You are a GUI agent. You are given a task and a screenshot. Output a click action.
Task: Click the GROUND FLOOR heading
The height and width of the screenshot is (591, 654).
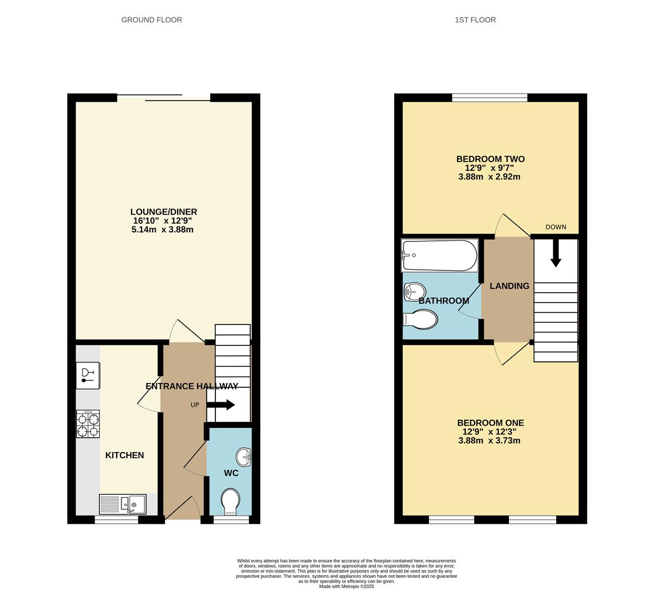[x=151, y=20]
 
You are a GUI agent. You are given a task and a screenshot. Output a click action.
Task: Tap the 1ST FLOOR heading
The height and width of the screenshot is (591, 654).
[x=475, y=20]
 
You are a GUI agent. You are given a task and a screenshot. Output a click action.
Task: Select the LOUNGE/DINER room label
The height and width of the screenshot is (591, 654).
[x=163, y=212]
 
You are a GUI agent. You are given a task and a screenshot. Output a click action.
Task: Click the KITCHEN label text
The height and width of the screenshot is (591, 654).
[x=124, y=455]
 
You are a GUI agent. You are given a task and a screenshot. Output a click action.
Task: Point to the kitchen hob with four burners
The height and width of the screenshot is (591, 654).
[x=88, y=424]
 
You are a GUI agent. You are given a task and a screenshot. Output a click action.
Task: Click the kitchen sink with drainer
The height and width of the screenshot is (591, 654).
[x=122, y=504]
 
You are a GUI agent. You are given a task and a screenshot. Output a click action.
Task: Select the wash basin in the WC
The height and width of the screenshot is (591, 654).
[x=244, y=456]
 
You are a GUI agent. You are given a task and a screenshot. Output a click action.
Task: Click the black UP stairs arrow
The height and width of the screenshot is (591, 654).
[x=221, y=405]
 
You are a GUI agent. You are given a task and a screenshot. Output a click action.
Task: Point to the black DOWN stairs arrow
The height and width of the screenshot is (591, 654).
[x=556, y=253]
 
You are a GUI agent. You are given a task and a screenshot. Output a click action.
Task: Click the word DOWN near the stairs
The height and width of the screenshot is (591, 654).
[x=556, y=227]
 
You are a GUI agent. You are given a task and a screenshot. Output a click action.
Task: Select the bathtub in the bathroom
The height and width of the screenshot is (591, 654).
[x=440, y=256]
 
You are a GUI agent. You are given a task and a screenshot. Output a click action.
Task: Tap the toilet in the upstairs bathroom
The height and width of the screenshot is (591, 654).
[x=421, y=320]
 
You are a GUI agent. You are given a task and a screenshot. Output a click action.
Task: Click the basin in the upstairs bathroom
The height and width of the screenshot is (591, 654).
[x=414, y=292]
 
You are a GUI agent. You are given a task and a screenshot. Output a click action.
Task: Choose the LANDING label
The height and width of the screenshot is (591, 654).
[x=509, y=286]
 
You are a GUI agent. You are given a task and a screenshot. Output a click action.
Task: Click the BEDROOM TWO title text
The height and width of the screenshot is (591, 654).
[x=490, y=159]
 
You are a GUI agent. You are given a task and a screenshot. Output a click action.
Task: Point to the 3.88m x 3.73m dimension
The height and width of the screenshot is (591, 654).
[x=489, y=441]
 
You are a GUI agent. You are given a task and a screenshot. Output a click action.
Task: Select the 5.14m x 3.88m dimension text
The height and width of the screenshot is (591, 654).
[x=162, y=229]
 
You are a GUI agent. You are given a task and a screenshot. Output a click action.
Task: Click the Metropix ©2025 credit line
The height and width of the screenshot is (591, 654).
[x=346, y=587]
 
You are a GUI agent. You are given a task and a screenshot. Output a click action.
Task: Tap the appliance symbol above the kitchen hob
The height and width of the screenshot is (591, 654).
[x=88, y=375]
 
